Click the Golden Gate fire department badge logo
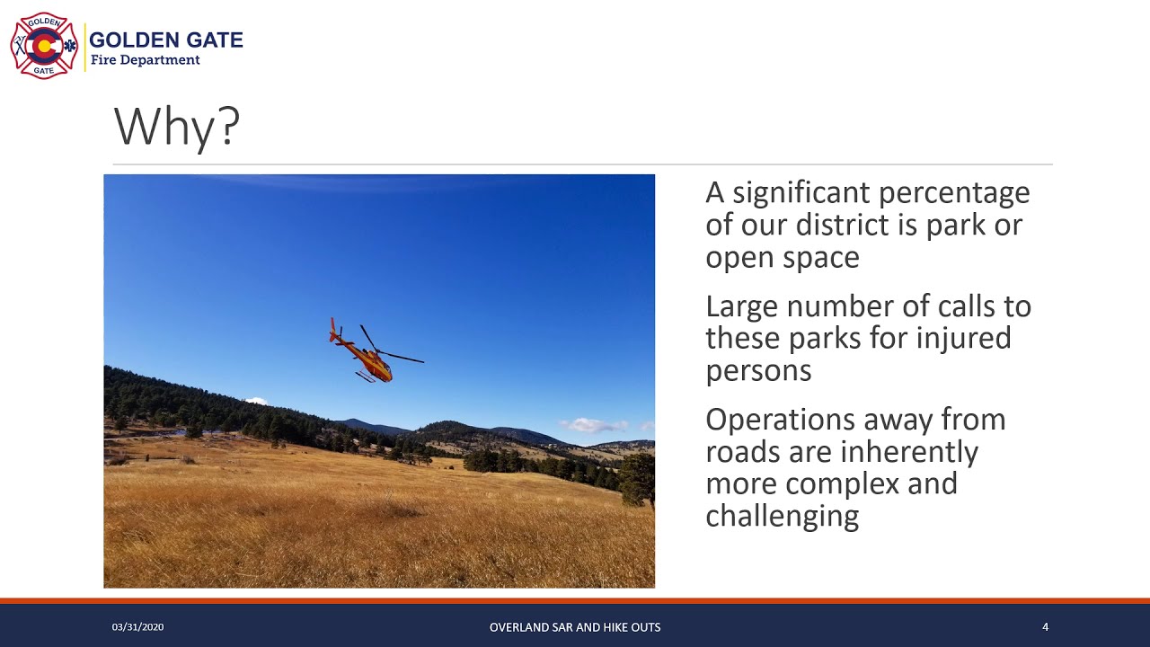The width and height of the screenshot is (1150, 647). pos(44,46)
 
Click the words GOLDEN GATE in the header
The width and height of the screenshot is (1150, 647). pos(165,40)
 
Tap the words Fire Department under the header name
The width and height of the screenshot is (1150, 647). pos(145,60)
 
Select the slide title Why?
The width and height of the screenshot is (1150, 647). pos(177,127)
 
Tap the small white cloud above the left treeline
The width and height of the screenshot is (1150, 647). pos(256,401)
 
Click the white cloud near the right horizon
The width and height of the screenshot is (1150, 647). pos(593,424)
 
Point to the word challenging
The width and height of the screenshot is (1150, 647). pos(782,516)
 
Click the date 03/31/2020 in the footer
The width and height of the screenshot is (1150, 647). pos(137,627)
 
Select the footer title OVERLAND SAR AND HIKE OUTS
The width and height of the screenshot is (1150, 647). pos(575,627)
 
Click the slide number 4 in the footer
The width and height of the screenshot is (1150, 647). pos(1045,627)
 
